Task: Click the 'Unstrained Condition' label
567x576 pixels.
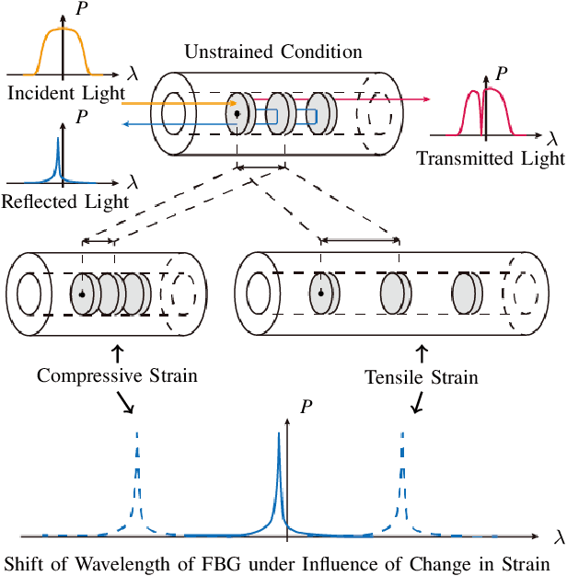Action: click(272, 52)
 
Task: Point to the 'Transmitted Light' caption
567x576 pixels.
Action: click(491, 158)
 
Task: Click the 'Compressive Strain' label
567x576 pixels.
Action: click(118, 375)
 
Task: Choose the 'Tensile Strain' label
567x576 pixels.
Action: click(422, 376)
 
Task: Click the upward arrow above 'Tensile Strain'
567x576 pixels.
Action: click(422, 352)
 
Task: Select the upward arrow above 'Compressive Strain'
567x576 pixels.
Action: click(117, 352)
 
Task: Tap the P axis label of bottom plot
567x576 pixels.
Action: click(306, 405)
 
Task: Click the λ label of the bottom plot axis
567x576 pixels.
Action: click(560, 536)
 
